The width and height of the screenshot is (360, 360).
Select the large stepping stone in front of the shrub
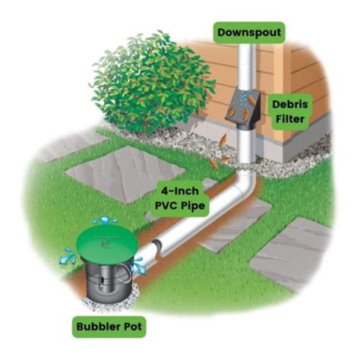[x=114, y=170]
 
